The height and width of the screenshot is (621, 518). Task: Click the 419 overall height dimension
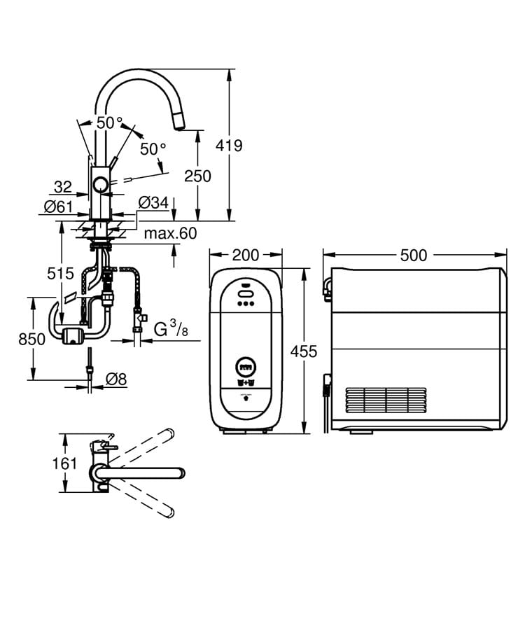[229, 146]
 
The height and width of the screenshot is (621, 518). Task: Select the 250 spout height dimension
[197, 176]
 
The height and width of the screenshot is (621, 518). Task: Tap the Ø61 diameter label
[59, 207]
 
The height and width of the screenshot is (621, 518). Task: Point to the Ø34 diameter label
[153, 203]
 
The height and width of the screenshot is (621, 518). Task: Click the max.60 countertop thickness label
[171, 233]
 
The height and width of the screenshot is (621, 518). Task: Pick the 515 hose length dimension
[61, 273]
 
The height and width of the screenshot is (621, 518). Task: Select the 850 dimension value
[32, 339]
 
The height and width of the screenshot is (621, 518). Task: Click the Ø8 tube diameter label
[116, 379]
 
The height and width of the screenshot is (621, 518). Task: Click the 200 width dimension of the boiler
[245, 256]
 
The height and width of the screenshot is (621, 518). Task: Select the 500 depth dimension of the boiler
[414, 256]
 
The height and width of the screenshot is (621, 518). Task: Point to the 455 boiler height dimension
[304, 351]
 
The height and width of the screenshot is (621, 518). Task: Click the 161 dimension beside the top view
[64, 463]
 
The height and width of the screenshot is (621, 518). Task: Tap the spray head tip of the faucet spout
[178, 125]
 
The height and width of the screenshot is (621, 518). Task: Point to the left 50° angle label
[109, 123]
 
